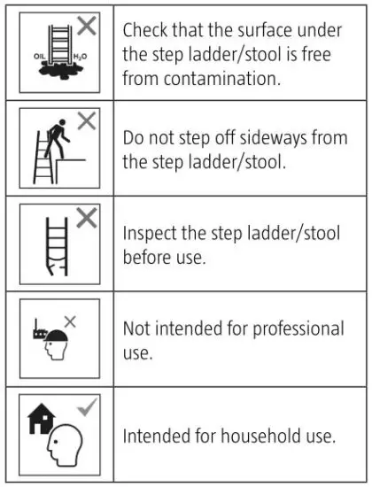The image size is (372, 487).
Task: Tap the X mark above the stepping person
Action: tap(86, 122)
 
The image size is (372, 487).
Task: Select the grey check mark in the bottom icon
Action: tap(86, 406)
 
